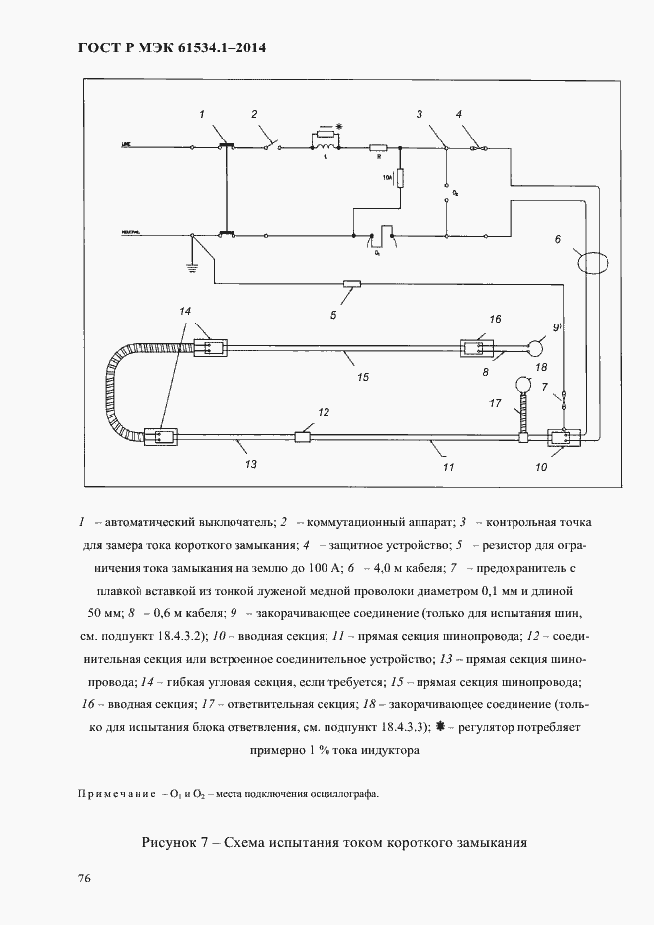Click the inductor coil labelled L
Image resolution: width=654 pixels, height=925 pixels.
point(324,148)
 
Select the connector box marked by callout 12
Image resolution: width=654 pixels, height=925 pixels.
point(303,436)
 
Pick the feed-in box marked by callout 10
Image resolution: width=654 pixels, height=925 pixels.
point(559,437)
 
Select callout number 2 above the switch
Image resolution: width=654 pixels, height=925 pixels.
point(255,115)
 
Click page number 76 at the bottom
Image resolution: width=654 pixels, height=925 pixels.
point(84,879)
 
